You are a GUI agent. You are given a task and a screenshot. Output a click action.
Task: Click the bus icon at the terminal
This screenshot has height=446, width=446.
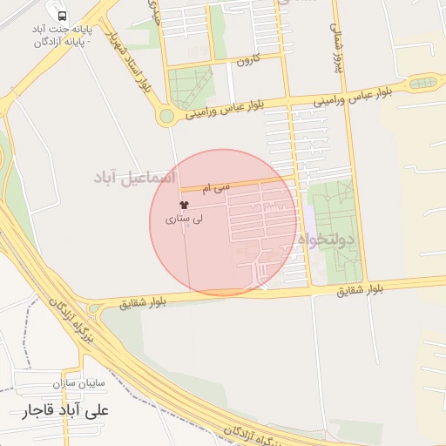tap(61, 16)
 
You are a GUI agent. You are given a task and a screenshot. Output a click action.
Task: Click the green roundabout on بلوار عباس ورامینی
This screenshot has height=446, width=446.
tap(166, 116)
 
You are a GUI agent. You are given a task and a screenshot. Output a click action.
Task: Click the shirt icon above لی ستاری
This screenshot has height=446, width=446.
tap(183, 206)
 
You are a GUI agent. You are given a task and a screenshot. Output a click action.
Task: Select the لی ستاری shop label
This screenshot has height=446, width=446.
tap(184, 220)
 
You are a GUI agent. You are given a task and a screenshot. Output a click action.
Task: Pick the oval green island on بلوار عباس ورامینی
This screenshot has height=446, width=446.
tap(425, 83)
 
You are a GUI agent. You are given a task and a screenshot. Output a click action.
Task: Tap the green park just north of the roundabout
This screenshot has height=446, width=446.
tap(191, 86)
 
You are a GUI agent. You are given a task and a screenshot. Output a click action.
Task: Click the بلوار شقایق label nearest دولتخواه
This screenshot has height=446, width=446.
tap(360, 290)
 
